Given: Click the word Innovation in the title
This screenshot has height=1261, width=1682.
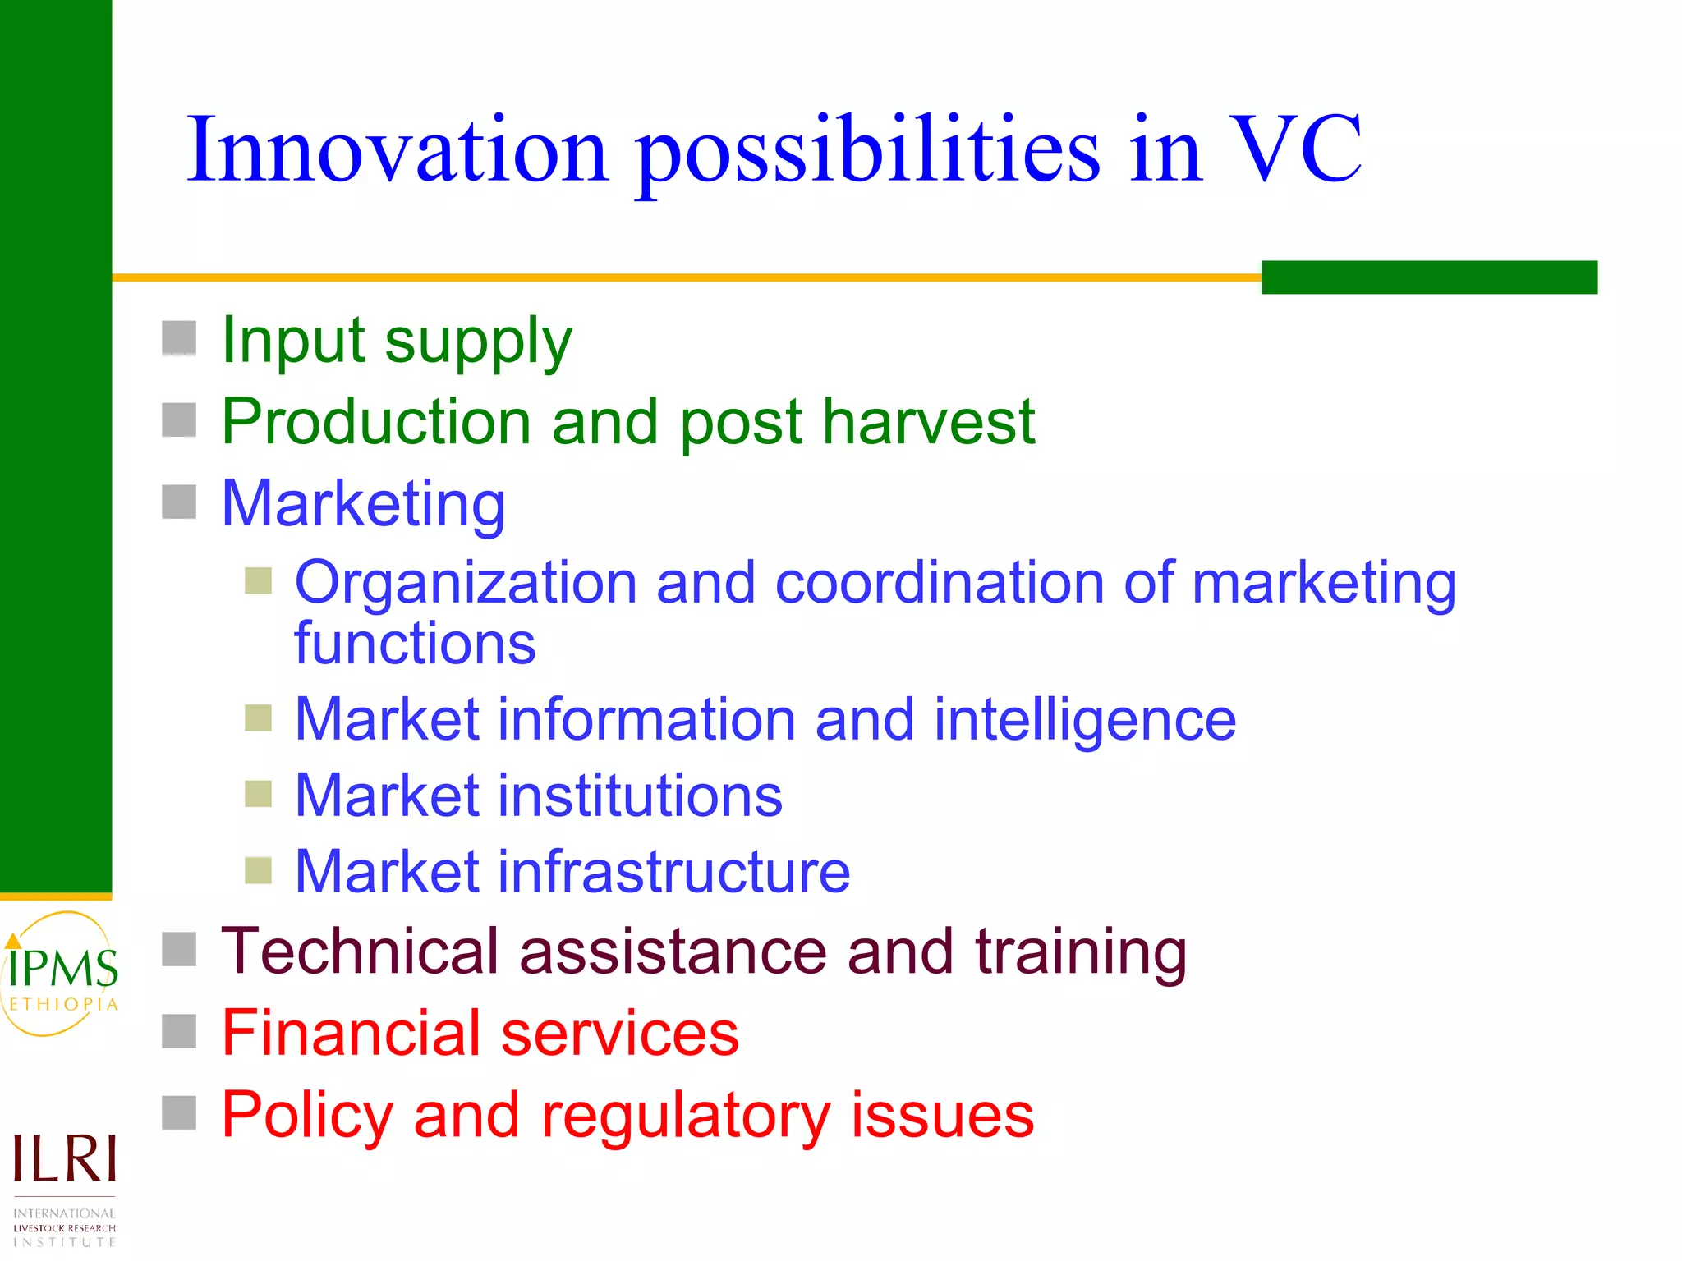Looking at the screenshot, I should [x=398, y=150].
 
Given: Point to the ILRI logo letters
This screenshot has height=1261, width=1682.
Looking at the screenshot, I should [x=64, y=1159].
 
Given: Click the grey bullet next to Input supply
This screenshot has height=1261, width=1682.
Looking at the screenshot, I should [x=179, y=338].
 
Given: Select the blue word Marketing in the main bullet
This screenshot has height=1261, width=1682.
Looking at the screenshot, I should [x=363, y=503].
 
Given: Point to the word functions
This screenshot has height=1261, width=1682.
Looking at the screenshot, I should [x=415, y=643].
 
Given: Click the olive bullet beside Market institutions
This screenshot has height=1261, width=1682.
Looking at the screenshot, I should [x=259, y=794].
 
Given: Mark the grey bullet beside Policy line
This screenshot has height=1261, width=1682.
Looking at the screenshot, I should [x=179, y=1113].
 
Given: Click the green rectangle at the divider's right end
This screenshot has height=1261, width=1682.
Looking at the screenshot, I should [x=1429, y=277].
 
